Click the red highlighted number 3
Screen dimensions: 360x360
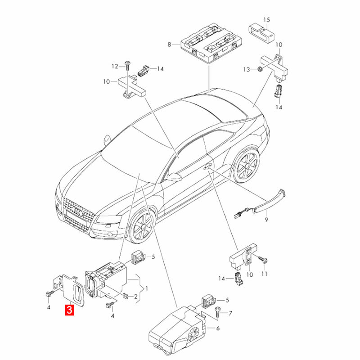[x=69, y=310]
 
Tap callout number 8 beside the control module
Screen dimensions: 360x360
[x=169, y=44]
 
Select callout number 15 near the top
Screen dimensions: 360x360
[x=266, y=20]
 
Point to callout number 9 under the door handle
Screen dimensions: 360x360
[x=266, y=220]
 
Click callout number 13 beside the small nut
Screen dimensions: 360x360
[x=246, y=69]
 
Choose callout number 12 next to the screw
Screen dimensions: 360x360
[x=115, y=66]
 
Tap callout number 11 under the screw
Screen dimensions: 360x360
[x=265, y=274]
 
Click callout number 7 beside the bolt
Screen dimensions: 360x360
[x=230, y=313]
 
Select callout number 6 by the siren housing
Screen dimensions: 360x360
[x=218, y=328]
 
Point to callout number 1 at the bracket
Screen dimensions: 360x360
[x=147, y=288]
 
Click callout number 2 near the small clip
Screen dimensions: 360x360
[x=136, y=297]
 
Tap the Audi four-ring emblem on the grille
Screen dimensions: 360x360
[x=77, y=211]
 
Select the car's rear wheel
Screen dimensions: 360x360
[x=246, y=165]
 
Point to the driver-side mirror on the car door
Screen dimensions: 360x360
[x=174, y=177]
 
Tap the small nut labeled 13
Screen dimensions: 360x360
[x=260, y=69]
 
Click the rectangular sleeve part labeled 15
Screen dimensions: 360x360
[x=262, y=32]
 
